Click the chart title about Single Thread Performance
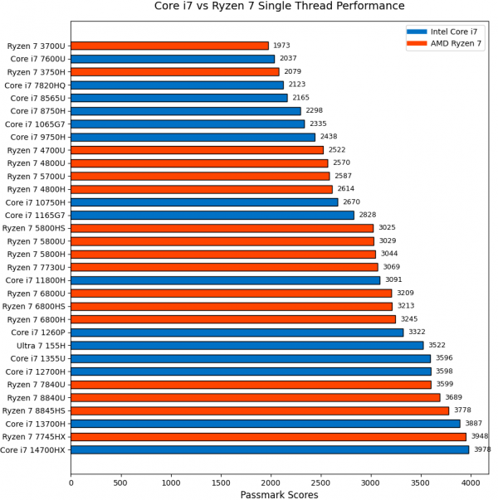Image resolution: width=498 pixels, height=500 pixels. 280,7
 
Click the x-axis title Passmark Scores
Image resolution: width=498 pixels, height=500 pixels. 279,494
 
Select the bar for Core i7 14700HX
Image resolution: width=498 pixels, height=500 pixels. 270,449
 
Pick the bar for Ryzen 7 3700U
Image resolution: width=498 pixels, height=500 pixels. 169,46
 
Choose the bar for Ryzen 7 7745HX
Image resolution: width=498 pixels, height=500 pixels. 268,436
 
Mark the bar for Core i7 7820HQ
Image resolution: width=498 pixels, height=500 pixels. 177,85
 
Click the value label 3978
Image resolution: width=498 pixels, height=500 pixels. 482,449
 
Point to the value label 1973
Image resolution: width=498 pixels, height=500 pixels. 282,46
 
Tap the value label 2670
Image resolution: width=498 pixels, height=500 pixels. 351,201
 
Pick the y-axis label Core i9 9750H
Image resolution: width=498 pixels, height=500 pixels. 37,137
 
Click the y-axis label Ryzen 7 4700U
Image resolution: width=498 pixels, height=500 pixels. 36,150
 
